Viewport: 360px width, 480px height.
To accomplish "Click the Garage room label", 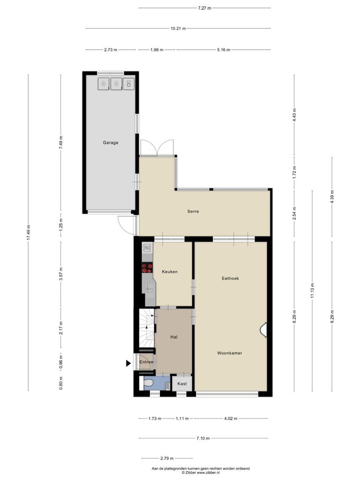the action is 111,142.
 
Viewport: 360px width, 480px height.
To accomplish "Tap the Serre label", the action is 193,211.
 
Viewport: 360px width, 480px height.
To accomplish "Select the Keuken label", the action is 170,271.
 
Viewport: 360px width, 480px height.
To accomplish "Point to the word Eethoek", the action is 230,278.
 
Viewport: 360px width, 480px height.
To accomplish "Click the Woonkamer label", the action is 230,353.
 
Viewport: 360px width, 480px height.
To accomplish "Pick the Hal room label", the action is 174,337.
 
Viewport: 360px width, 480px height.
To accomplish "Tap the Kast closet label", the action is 182,383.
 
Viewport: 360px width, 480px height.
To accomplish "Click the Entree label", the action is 146,362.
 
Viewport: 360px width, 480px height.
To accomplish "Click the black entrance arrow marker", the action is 128,363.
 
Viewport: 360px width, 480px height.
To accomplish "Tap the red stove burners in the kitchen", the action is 147,268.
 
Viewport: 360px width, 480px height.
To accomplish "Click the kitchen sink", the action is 150,287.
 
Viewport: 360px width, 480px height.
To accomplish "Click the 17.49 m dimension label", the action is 29,232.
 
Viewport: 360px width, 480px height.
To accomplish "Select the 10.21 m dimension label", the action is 178,29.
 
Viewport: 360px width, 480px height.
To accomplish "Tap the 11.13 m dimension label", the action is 312,291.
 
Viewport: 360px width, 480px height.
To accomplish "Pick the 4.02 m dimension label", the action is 231,419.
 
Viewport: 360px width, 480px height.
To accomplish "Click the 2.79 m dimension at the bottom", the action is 167,458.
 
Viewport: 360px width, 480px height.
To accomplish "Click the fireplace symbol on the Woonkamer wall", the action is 263,330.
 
